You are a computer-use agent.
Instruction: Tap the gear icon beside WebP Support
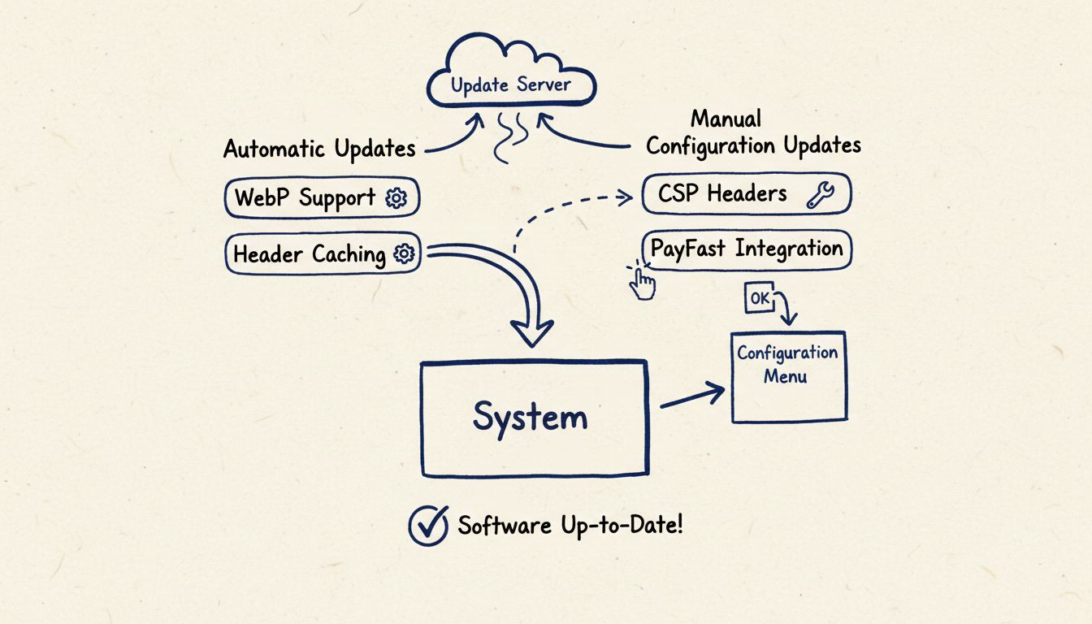coord(396,198)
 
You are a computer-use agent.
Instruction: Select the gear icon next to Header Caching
coord(404,254)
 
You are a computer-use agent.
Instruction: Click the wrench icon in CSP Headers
coord(819,195)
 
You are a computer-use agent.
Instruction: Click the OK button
coord(760,298)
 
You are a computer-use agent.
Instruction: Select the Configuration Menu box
coord(788,377)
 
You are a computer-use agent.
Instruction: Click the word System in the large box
coord(530,418)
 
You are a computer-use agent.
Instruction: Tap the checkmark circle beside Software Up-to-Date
coord(428,526)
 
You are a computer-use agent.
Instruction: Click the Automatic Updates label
coord(319,149)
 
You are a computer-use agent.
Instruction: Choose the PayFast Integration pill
coord(746,249)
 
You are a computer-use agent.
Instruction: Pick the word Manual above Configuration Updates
coord(726,119)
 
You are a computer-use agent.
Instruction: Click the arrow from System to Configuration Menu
coord(692,396)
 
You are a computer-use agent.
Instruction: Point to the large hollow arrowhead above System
coord(531,331)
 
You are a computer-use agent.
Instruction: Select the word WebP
coord(262,198)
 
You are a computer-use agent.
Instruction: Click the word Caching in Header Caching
coord(349,254)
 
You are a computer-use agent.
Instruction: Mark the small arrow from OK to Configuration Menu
coord(786,311)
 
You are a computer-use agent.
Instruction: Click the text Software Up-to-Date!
coord(570,525)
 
